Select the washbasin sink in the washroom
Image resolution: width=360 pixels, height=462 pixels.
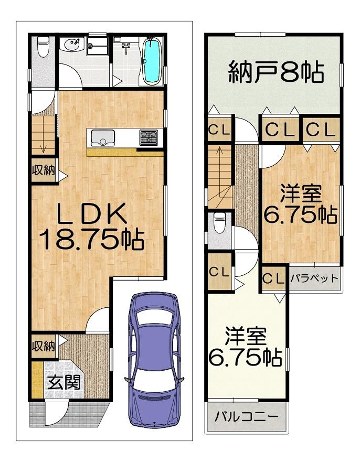[x=72, y=45]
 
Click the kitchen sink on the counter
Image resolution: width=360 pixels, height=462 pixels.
[x=103, y=137]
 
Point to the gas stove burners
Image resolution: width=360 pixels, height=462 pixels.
[x=149, y=137]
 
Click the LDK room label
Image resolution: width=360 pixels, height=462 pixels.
[x=92, y=214]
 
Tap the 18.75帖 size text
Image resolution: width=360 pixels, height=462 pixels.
[x=92, y=240]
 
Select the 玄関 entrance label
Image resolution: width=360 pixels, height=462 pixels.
[x=64, y=382]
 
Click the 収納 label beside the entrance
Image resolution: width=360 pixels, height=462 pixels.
[x=44, y=346]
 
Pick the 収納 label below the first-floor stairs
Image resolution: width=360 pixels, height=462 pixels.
[x=44, y=170]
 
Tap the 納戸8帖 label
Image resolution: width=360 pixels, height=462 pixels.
[x=276, y=72]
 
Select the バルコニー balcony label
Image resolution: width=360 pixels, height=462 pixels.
[x=247, y=416]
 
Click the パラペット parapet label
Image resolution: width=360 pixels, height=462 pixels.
[x=314, y=278]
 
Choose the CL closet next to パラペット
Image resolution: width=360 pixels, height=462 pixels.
[x=273, y=278]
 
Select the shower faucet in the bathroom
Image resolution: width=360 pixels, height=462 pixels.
[x=126, y=47]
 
